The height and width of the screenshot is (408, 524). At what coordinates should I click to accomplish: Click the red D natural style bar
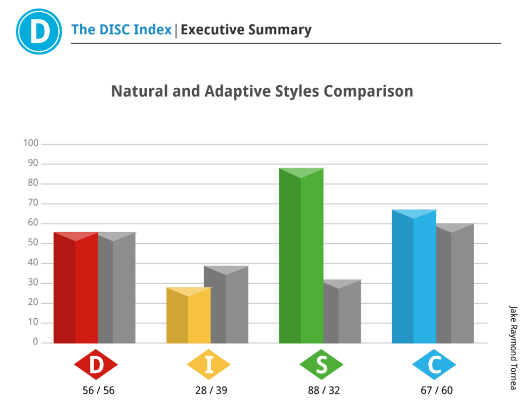75,289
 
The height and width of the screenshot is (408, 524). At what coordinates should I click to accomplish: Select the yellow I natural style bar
188,315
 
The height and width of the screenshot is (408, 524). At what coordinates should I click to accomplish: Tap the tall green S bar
301,257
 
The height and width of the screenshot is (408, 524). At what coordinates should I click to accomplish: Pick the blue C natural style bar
414,278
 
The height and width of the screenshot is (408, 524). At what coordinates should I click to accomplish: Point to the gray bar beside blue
455,283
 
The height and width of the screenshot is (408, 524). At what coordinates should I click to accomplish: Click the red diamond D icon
96,365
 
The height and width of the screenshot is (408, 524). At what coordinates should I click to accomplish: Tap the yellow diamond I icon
209,365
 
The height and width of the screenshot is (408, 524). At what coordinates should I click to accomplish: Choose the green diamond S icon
321,365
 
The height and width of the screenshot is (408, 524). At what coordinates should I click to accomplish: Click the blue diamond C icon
434,365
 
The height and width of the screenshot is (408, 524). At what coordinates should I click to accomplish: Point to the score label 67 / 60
436,390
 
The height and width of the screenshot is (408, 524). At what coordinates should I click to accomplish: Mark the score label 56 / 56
98,390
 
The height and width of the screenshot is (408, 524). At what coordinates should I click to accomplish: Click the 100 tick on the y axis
31,143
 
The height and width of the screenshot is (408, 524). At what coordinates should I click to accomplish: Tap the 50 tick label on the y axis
33,243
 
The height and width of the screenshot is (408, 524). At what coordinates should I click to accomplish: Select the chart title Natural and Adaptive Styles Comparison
262,91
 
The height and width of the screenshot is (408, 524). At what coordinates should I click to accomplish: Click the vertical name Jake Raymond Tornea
513,348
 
